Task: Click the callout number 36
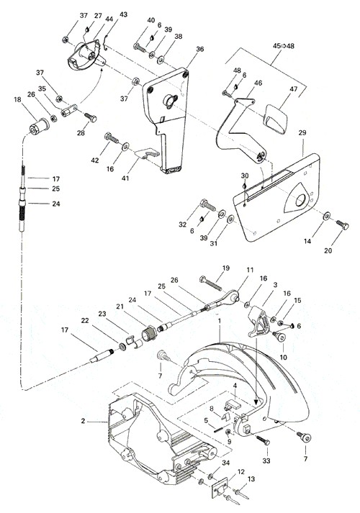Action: pos(200,49)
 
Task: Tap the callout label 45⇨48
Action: pos(284,46)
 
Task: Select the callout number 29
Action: pos(302,133)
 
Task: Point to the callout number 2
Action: pos(83,421)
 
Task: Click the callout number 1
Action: pos(220,322)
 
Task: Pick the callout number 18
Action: pos(17,99)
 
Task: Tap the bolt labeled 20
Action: pos(342,225)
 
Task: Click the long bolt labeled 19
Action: pos(210,283)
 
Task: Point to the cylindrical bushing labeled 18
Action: pos(40,125)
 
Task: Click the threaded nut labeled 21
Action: pos(149,335)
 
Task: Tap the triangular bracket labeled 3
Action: pos(259,322)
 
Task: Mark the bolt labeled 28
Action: pos(90,117)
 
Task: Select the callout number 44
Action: pos(109,19)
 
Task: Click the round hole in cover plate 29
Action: pos(300,200)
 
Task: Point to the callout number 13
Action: pos(251,479)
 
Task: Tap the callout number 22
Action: pos(85,321)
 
